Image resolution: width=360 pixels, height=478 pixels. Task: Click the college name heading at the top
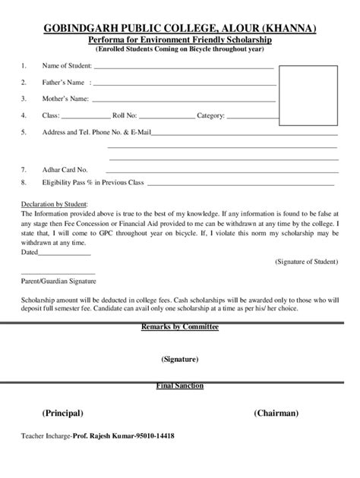click(180, 28)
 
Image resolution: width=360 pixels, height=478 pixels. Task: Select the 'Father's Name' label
click(62, 82)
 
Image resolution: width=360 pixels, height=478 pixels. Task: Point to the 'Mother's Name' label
click(65, 99)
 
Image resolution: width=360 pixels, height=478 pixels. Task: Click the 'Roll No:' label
click(125, 115)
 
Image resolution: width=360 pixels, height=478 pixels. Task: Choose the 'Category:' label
click(210, 115)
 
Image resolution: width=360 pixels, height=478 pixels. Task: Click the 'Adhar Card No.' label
click(65, 169)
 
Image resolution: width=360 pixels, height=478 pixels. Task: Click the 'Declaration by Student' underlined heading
click(55, 205)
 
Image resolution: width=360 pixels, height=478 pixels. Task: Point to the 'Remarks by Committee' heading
click(180, 326)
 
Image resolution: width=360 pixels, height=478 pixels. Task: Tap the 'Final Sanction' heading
click(180, 385)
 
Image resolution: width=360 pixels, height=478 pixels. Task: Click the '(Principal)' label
click(62, 414)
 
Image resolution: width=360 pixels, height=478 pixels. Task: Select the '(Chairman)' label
click(276, 414)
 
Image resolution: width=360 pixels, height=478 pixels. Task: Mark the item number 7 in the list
click(24, 169)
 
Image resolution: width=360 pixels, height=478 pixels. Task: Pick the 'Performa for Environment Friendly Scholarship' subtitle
click(180, 39)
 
